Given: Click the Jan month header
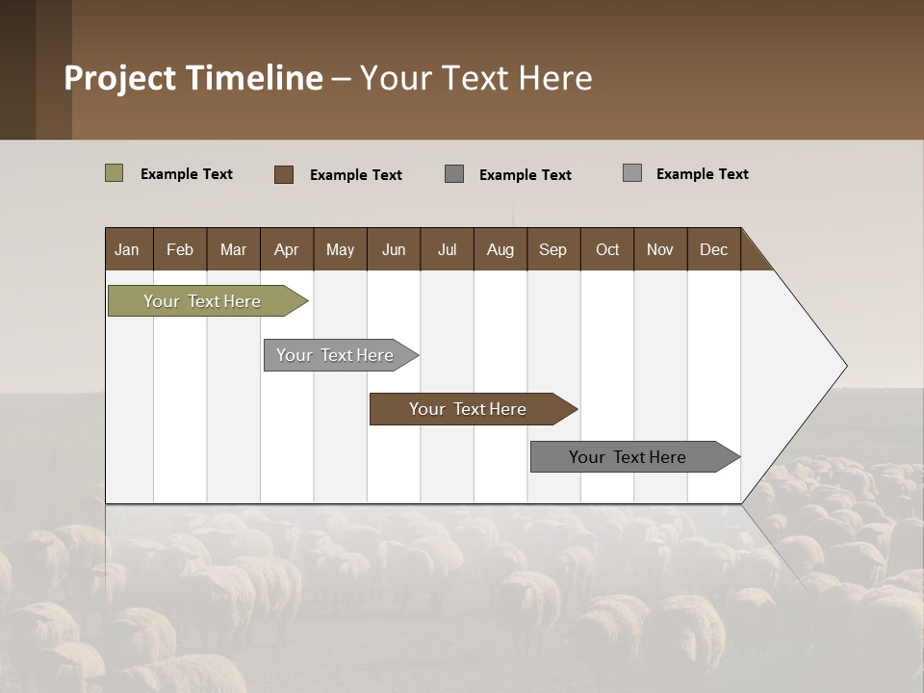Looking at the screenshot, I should coord(128,249).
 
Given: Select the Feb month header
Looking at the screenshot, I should coord(180,249).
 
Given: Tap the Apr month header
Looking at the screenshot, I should coord(287,249).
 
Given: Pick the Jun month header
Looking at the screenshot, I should coord(394,249).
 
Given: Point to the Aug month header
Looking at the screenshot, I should coord(500,249).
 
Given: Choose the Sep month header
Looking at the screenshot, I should coord(553,249).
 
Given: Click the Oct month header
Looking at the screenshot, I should coord(607,249).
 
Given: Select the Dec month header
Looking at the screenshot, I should coord(714,249).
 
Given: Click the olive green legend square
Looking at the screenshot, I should coord(114,173).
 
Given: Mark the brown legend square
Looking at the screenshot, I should coord(284,174).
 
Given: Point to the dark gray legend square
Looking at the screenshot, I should coord(454,173).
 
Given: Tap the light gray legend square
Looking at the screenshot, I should coord(632,173).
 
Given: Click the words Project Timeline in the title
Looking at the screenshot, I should coord(193,78).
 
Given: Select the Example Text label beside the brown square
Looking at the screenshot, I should coord(356,175).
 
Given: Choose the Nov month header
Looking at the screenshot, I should coord(660,249).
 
